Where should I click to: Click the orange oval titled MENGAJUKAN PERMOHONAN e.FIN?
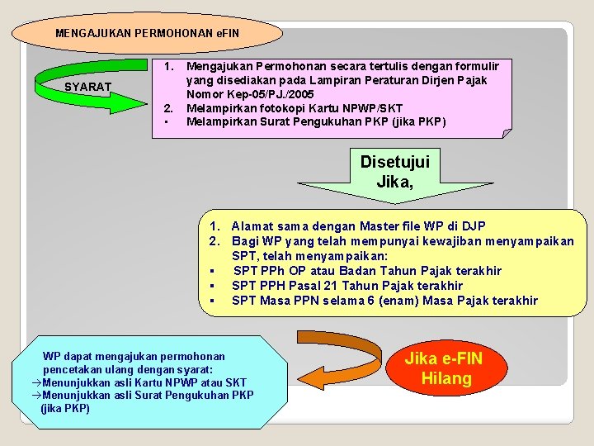click(148, 34)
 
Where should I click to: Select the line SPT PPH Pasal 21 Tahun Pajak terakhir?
click(347, 286)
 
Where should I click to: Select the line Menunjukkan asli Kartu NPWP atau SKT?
click(144, 382)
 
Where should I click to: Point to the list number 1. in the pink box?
click(167, 65)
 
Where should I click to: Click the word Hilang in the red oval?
click(446, 379)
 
